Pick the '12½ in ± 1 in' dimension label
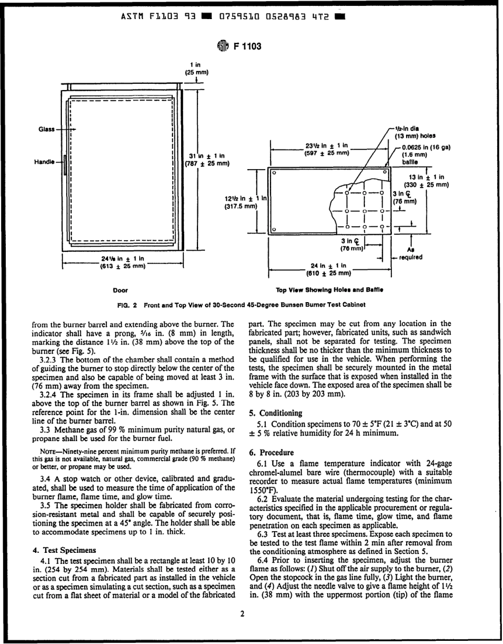click(x=247, y=201)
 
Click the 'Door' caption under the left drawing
click(x=121, y=290)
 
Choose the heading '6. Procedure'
click(x=271, y=453)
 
